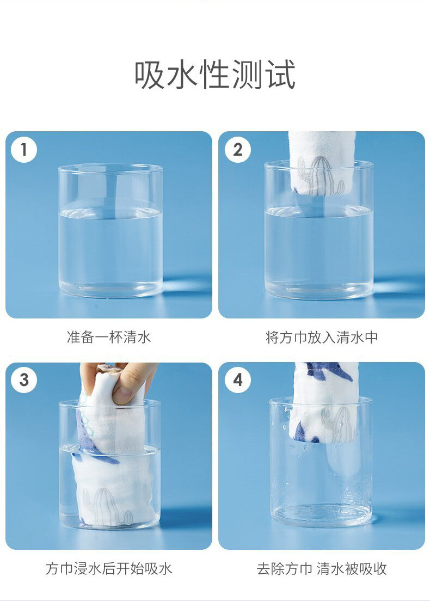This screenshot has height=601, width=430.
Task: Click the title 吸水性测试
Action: [x=214, y=75]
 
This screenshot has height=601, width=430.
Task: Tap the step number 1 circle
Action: [x=24, y=150]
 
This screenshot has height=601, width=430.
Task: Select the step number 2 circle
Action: [x=238, y=150]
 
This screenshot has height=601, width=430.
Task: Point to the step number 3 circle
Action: [x=24, y=380]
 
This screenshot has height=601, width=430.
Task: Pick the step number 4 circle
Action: [x=238, y=380]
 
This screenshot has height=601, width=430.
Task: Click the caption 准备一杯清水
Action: [x=109, y=338]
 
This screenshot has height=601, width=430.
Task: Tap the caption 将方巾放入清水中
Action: [x=322, y=338]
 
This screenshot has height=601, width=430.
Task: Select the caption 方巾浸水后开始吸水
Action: [x=109, y=568]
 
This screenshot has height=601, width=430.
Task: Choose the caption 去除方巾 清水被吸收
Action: [x=322, y=568]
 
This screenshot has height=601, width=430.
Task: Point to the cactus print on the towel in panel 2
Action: [x=321, y=177]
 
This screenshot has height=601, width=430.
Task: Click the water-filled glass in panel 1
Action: [x=110, y=231]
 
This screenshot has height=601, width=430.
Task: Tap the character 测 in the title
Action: [x=247, y=75]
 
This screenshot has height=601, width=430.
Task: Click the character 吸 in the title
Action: [x=150, y=75]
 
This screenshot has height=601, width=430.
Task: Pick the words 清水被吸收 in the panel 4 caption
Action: [x=352, y=568]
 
